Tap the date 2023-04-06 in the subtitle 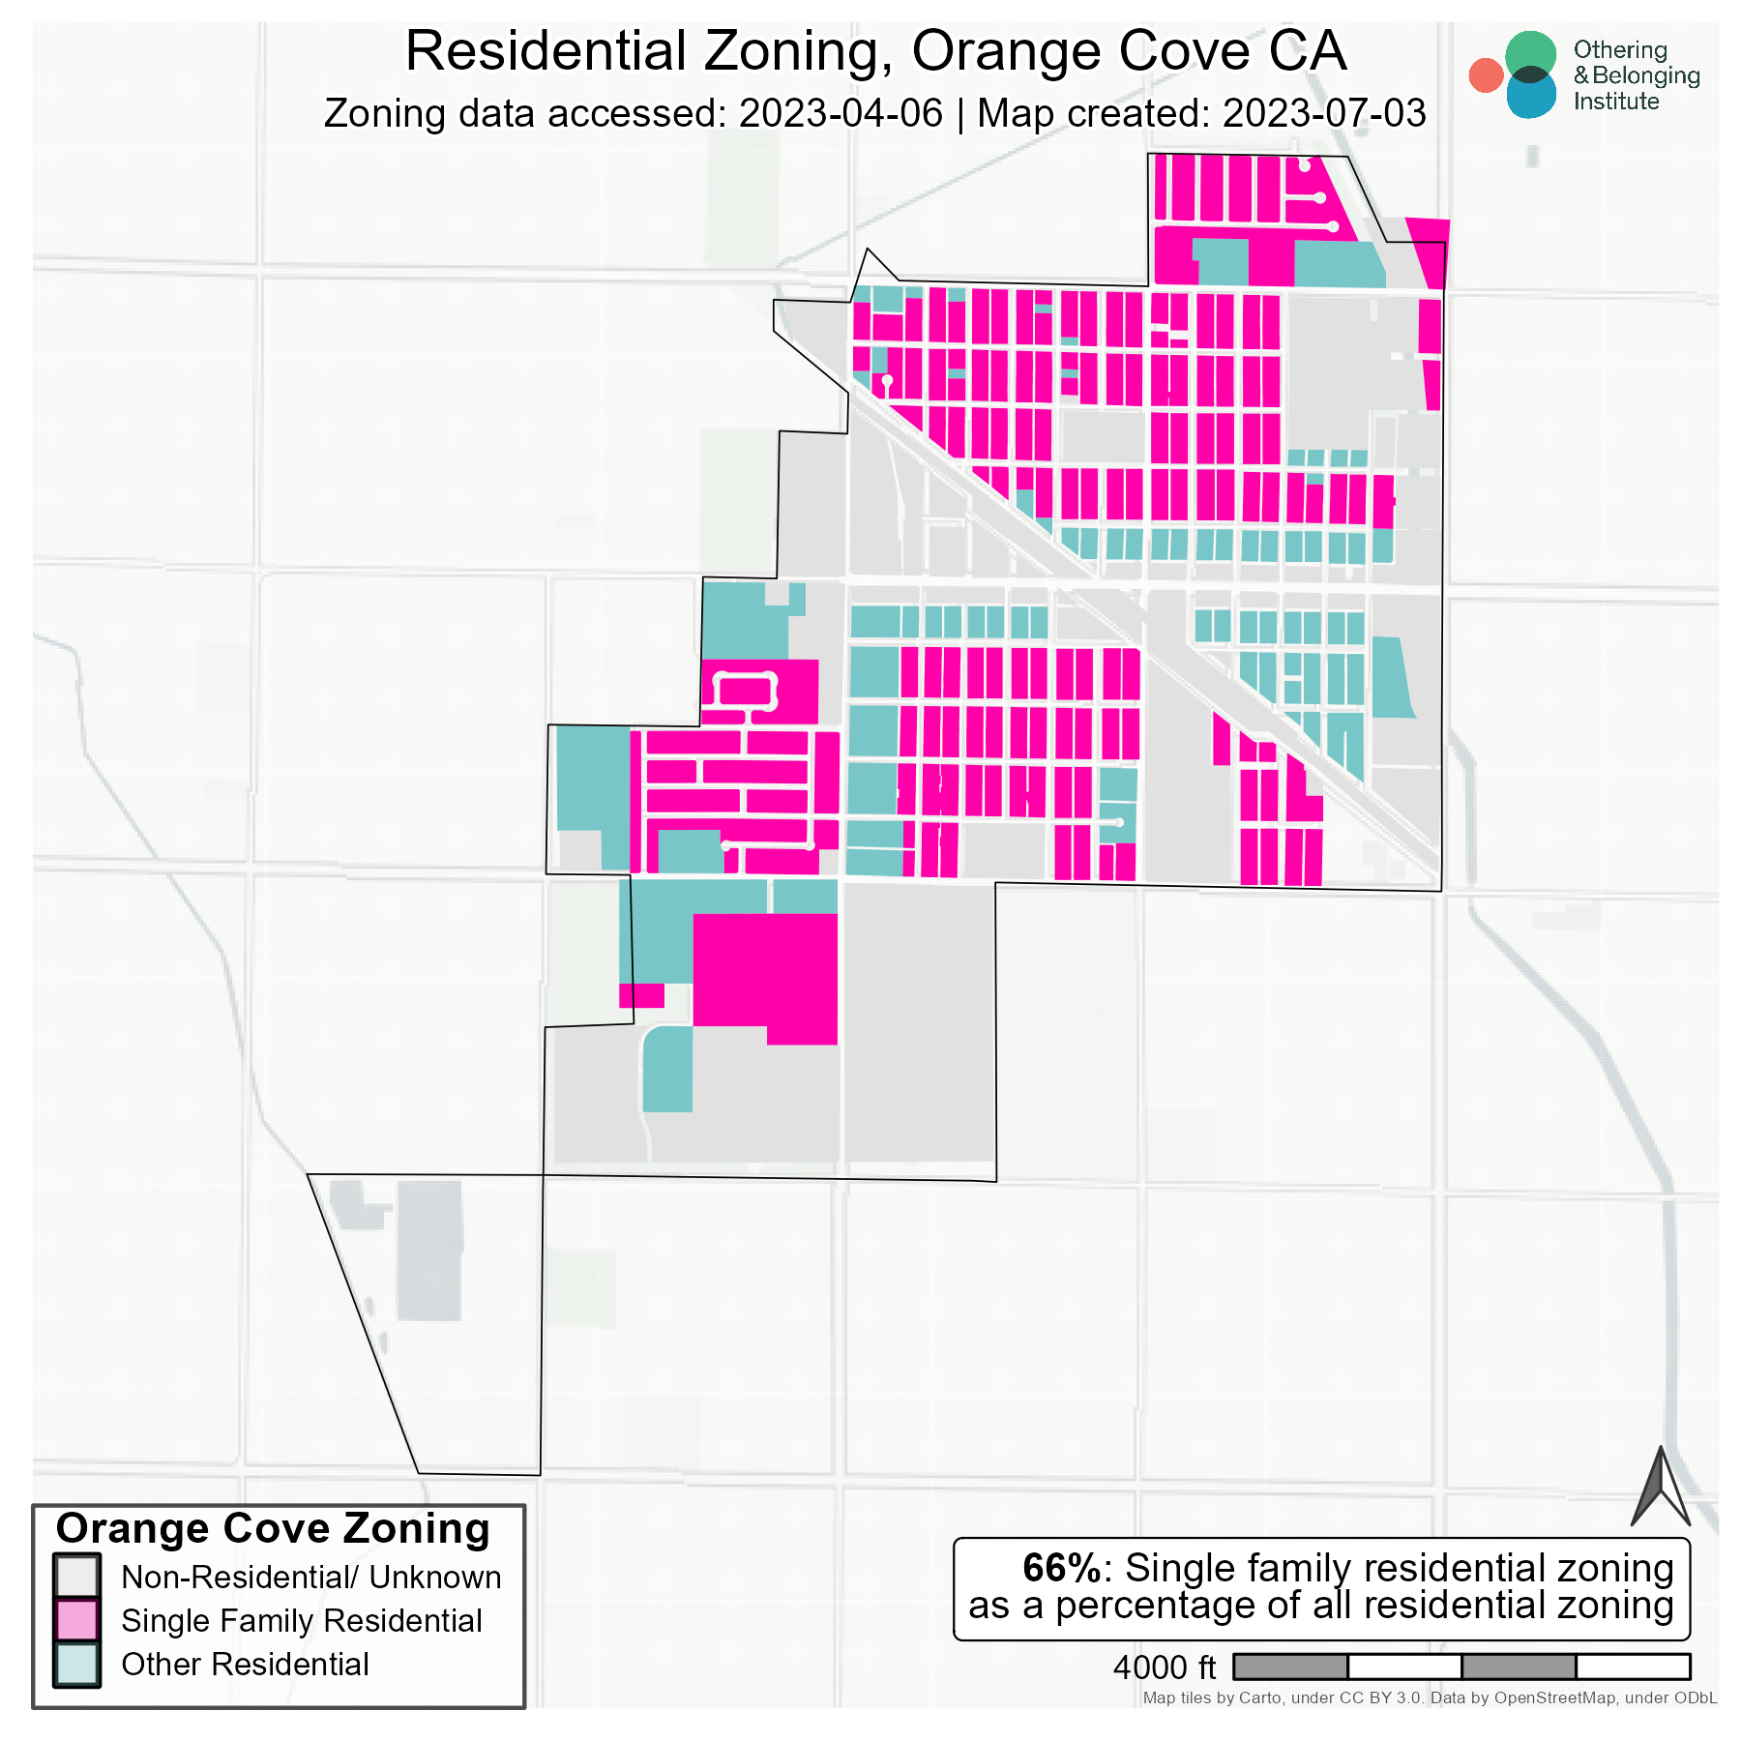[x=840, y=114]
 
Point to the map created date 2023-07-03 [x=1323, y=114]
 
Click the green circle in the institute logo [x=1530, y=53]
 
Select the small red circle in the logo [x=1485, y=75]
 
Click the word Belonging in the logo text [x=1645, y=75]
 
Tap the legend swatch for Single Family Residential [x=76, y=1620]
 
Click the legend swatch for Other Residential [x=76, y=1664]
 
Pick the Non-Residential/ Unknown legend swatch [x=76, y=1576]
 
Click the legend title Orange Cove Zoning [x=273, y=1529]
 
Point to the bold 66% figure [x=1061, y=1568]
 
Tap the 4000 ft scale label [x=1164, y=1667]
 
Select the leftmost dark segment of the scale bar [x=1290, y=1667]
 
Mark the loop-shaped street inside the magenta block [x=745, y=677]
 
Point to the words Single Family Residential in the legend [x=301, y=1620]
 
